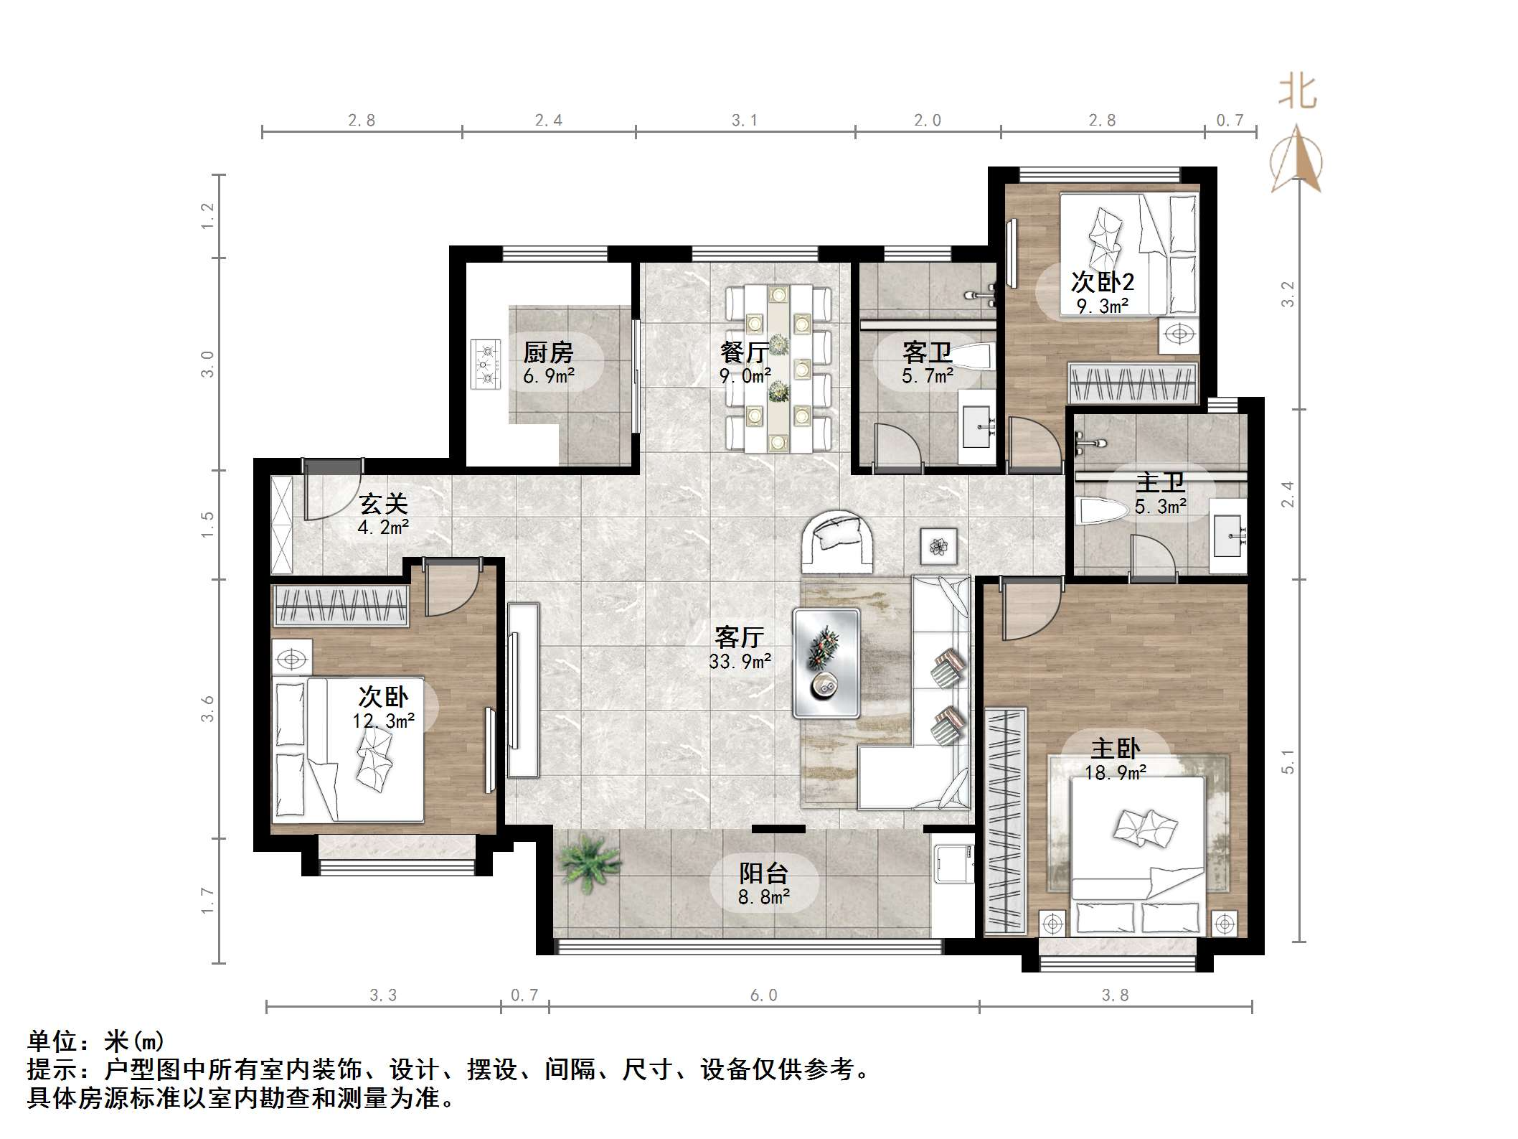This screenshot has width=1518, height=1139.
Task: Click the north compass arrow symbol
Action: coord(1296,159)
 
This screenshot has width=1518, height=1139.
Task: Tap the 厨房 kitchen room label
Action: coord(548,352)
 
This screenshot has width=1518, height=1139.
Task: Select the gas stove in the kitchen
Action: coord(486,365)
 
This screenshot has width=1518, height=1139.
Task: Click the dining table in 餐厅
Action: coord(778,368)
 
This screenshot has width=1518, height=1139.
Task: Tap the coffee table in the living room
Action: coord(826,662)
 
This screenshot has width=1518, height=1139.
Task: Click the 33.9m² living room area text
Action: coord(740,660)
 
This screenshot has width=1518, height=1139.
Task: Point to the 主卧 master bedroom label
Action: coord(1116,749)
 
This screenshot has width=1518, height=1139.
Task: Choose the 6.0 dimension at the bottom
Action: coord(763,995)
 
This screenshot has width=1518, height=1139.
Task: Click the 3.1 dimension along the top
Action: coord(744,121)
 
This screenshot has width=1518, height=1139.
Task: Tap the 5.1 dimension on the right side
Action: coord(1288,761)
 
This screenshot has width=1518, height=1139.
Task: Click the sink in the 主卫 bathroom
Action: coord(1229,536)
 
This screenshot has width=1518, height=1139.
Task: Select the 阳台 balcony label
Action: coord(764,873)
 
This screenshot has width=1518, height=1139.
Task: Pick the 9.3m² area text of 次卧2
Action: coord(1103,306)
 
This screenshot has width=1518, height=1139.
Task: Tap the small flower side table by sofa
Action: coord(939,547)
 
